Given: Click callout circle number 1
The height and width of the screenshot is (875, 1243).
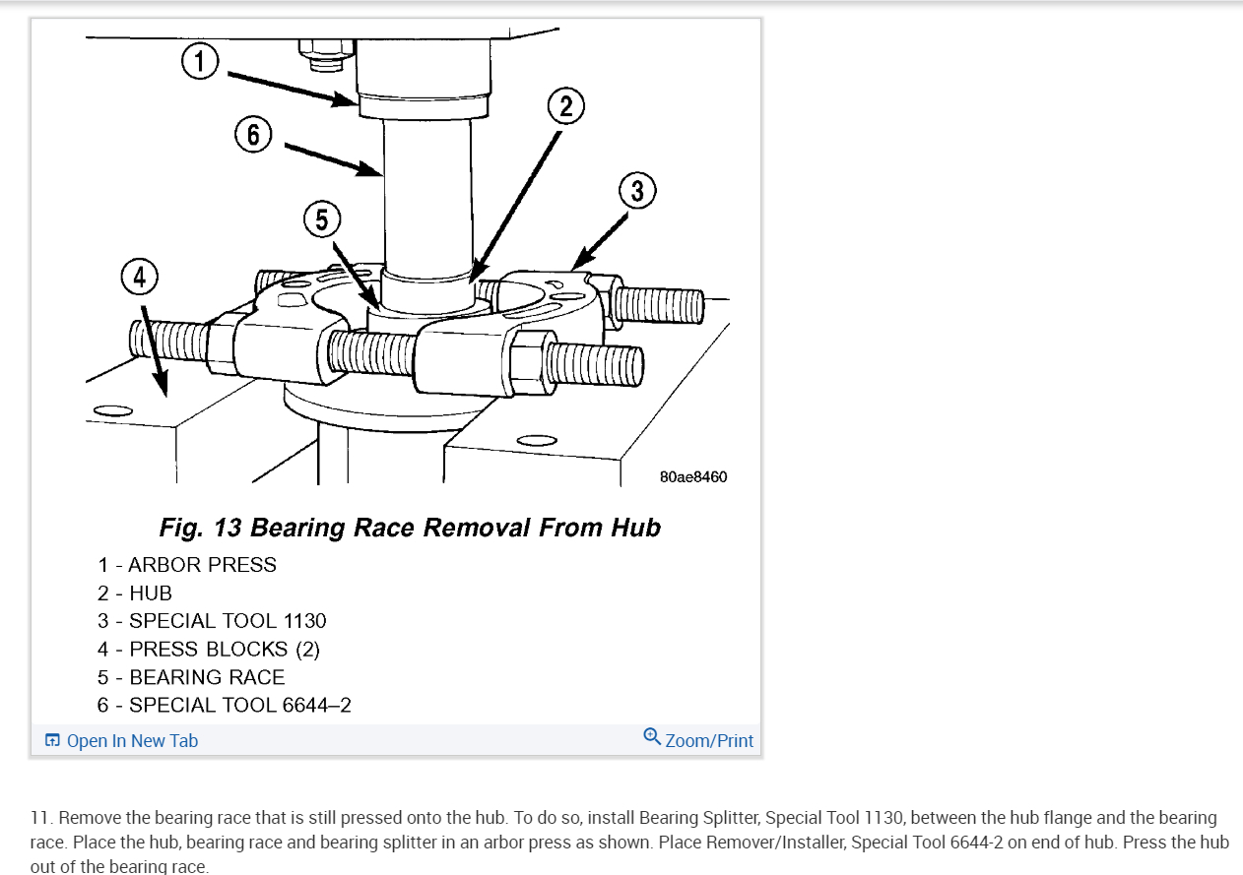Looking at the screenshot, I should click(200, 62).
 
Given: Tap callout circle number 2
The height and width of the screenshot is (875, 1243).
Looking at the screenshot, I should click(565, 106).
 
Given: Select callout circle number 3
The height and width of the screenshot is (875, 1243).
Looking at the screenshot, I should click(637, 191).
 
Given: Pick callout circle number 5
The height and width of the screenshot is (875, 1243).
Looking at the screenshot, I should click(322, 219).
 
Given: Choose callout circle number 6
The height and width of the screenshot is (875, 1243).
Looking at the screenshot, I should click(253, 134).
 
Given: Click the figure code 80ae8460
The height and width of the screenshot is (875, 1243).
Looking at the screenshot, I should click(693, 477).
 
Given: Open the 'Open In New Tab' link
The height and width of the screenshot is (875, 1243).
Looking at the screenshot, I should click(132, 741).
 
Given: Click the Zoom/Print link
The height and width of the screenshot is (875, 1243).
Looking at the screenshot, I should click(709, 741).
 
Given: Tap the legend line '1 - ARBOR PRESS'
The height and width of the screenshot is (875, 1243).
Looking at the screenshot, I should click(187, 565).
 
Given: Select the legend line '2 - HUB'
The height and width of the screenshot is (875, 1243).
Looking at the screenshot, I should click(135, 594).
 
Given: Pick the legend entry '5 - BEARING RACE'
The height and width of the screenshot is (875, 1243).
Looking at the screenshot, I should click(191, 677).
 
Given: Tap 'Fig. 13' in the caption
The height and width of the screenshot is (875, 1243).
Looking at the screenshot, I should click(201, 528).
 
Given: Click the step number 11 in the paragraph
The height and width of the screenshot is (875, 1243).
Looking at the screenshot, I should click(39, 819).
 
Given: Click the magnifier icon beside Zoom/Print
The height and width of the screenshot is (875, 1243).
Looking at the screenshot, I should click(652, 737).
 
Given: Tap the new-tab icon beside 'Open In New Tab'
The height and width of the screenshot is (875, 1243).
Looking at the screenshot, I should click(52, 741).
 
